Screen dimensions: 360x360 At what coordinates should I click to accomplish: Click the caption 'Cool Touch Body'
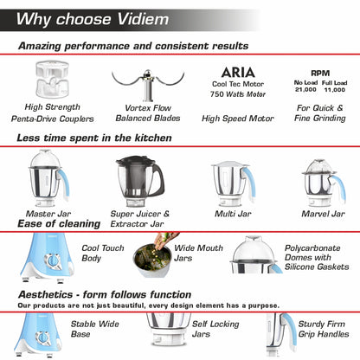(98, 252)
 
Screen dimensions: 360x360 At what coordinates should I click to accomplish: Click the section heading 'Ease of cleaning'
(60, 224)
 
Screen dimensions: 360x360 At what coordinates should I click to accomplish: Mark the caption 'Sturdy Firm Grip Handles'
(325, 330)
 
